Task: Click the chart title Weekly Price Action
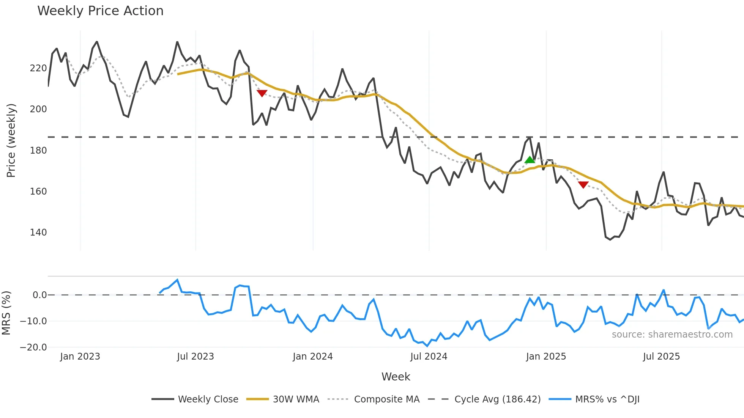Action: point(100,11)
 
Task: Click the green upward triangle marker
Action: point(530,160)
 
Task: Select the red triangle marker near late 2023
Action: point(262,93)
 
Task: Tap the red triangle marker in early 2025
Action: point(583,185)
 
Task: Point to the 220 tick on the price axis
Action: point(38,68)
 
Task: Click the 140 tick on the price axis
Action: point(38,233)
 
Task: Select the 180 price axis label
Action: point(38,151)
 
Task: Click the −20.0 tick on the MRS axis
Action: point(33,347)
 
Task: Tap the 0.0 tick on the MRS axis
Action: point(39,295)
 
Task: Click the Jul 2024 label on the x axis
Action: point(429,357)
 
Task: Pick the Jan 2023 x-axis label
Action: point(80,357)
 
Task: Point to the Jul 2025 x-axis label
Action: point(661,357)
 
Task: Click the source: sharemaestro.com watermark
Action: point(672,335)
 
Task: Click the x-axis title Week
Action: point(396,377)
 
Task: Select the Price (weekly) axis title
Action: point(11,140)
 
